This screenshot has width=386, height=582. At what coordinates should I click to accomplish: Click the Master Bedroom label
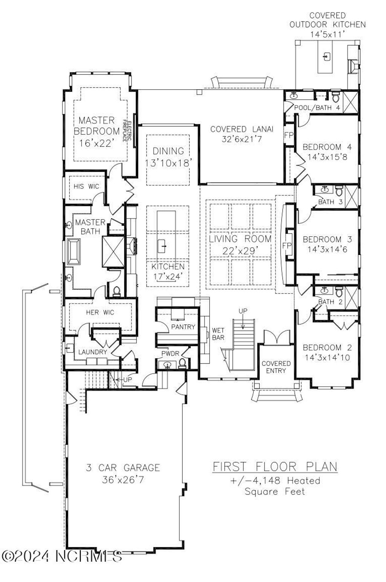(x=97, y=126)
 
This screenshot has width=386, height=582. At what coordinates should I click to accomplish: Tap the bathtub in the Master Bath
(x=74, y=252)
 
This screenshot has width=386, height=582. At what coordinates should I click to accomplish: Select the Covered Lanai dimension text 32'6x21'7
(x=242, y=139)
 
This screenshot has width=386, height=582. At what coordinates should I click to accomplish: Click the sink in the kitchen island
(x=162, y=246)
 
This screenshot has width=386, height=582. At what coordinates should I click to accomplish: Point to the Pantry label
(x=183, y=327)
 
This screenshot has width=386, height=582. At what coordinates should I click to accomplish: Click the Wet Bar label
(x=218, y=334)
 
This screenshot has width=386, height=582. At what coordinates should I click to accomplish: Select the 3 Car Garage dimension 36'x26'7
(x=123, y=480)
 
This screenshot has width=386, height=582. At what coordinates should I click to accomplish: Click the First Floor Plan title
(x=275, y=467)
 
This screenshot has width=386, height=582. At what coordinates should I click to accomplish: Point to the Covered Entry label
(x=276, y=367)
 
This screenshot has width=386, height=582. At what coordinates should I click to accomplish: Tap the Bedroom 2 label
(x=327, y=347)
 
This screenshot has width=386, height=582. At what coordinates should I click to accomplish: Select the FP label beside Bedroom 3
(x=287, y=246)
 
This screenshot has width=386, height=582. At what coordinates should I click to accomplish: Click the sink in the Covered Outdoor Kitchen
(x=327, y=56)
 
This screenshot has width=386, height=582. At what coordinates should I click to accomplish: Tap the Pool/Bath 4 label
(x=317, y=108)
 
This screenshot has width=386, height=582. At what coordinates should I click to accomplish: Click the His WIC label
(x=86, y=186)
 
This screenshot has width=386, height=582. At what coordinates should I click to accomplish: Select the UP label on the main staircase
(x=243, y=311)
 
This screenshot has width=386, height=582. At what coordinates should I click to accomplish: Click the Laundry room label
(x=92, y=352)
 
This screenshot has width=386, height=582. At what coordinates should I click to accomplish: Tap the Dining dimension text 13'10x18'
(x=168, y=163)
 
